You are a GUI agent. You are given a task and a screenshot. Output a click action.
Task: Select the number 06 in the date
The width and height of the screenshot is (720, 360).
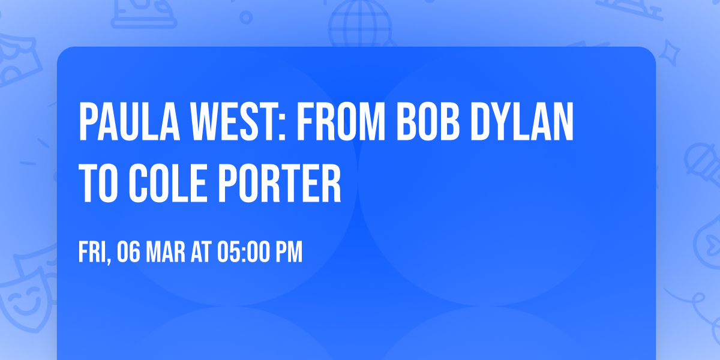click(x=129, y=253)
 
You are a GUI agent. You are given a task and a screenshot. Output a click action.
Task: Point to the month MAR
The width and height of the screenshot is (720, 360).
click(x=166, y=253)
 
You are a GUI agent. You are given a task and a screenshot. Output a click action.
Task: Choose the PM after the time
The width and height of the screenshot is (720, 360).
click(x=289, y=253)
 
